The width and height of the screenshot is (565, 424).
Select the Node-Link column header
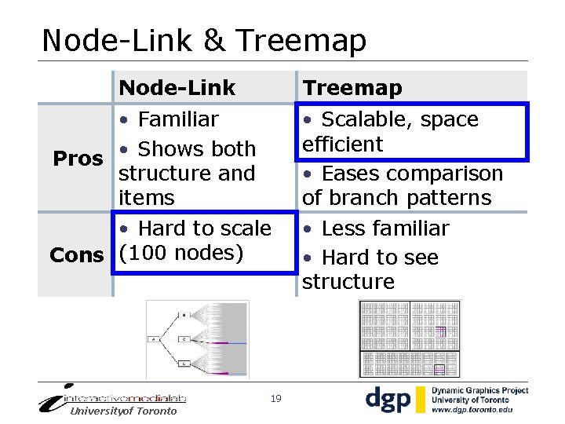pos(177,88)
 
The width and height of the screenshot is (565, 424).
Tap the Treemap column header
pos(352,88)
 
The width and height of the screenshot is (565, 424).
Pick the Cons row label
pos(76,255)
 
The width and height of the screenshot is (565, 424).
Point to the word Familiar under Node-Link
pos(178,119)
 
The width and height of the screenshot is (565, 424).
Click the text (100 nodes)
pos(181,253)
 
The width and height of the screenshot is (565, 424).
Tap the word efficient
pos(342,144)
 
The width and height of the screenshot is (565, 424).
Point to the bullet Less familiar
pos(376,228)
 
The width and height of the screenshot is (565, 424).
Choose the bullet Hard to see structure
pos(370,269)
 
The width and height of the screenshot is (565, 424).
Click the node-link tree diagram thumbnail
pos(197,339)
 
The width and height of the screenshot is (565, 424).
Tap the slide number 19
pos(275,399)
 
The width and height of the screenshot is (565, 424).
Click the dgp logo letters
pos(388,399)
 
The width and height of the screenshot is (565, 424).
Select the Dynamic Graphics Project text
pos(481,390)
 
